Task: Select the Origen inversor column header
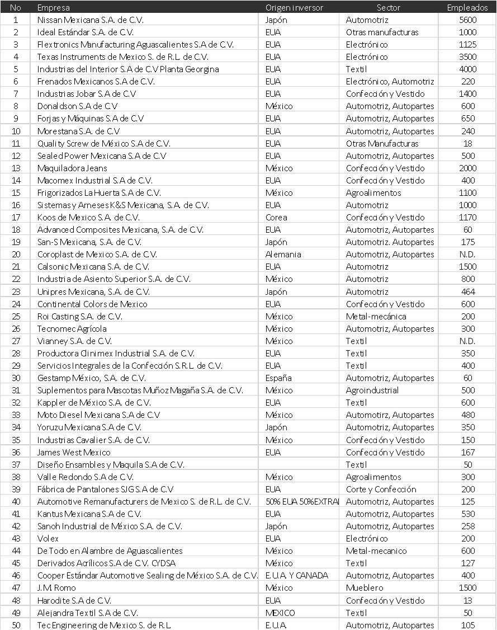[x=294, y=8]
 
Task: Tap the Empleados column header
[x=467, y=8]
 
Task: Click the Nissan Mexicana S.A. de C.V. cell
[x=91, y=20]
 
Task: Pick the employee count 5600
[x=467, y=20]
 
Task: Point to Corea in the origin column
[x=277, y=217]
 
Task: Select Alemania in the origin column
[x=283, y=254]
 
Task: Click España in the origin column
[x=279, y=378]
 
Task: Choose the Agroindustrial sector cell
[x=372, y=390]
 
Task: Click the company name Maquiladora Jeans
[x=72, y=168]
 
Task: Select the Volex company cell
[x=48, y=538]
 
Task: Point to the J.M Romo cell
[x=56, y=587]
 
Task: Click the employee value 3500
[x=467, y=57]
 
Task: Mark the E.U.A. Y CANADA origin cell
[x=297, y=575]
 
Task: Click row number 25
[x=16, y=316]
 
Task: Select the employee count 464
[x=468, y=292]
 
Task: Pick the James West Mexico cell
[x=74, y=452]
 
